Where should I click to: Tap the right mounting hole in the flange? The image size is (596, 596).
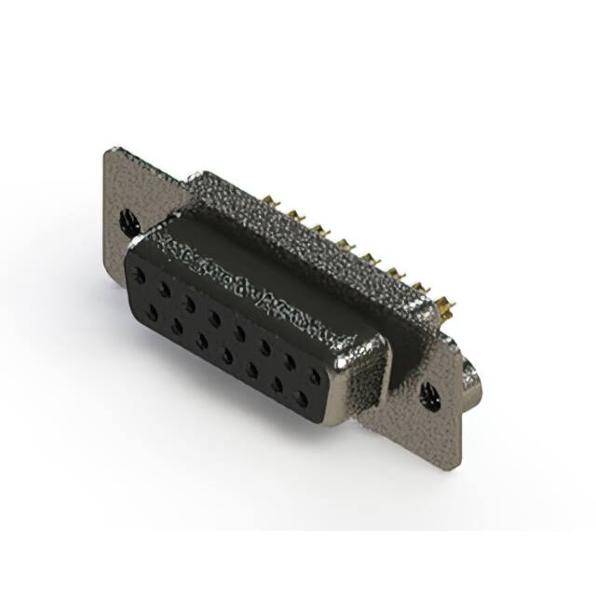(x=429, y=395)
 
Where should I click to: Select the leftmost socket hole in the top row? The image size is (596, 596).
(x=140, y=277)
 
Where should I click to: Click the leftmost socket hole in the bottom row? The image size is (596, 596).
(x=152, y=311)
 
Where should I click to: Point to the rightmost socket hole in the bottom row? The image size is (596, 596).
(x=301, y=398)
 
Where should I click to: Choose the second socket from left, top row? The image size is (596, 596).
(x=165, y=290)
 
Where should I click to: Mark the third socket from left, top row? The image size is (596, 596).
(x=189, y=304)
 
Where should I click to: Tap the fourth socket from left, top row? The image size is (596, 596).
(x=214, y=318)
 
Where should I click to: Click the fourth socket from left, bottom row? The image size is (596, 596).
(x=226, y=355)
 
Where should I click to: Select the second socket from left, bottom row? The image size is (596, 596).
(x=176, y=326)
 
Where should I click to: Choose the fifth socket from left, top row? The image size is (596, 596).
(x=239, y=332)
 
